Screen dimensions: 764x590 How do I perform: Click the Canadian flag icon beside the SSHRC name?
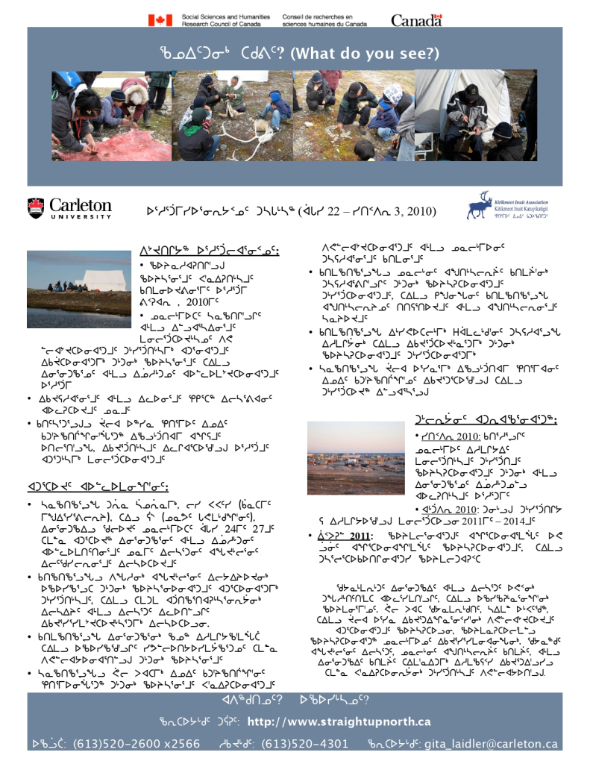(160, 19)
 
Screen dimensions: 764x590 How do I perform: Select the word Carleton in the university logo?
(81, 204)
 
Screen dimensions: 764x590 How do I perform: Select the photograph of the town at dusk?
(355, 458)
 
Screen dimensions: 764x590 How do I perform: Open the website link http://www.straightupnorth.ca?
(339, 721)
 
